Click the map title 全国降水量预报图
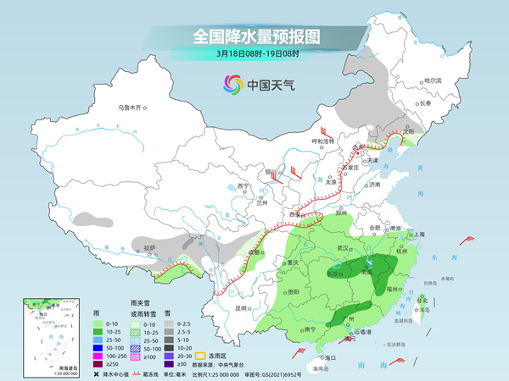(255, 36)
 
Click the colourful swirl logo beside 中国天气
(232, 84)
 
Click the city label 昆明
(243, 308)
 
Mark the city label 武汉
(344, 247)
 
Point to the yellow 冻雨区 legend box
(203, 356)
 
